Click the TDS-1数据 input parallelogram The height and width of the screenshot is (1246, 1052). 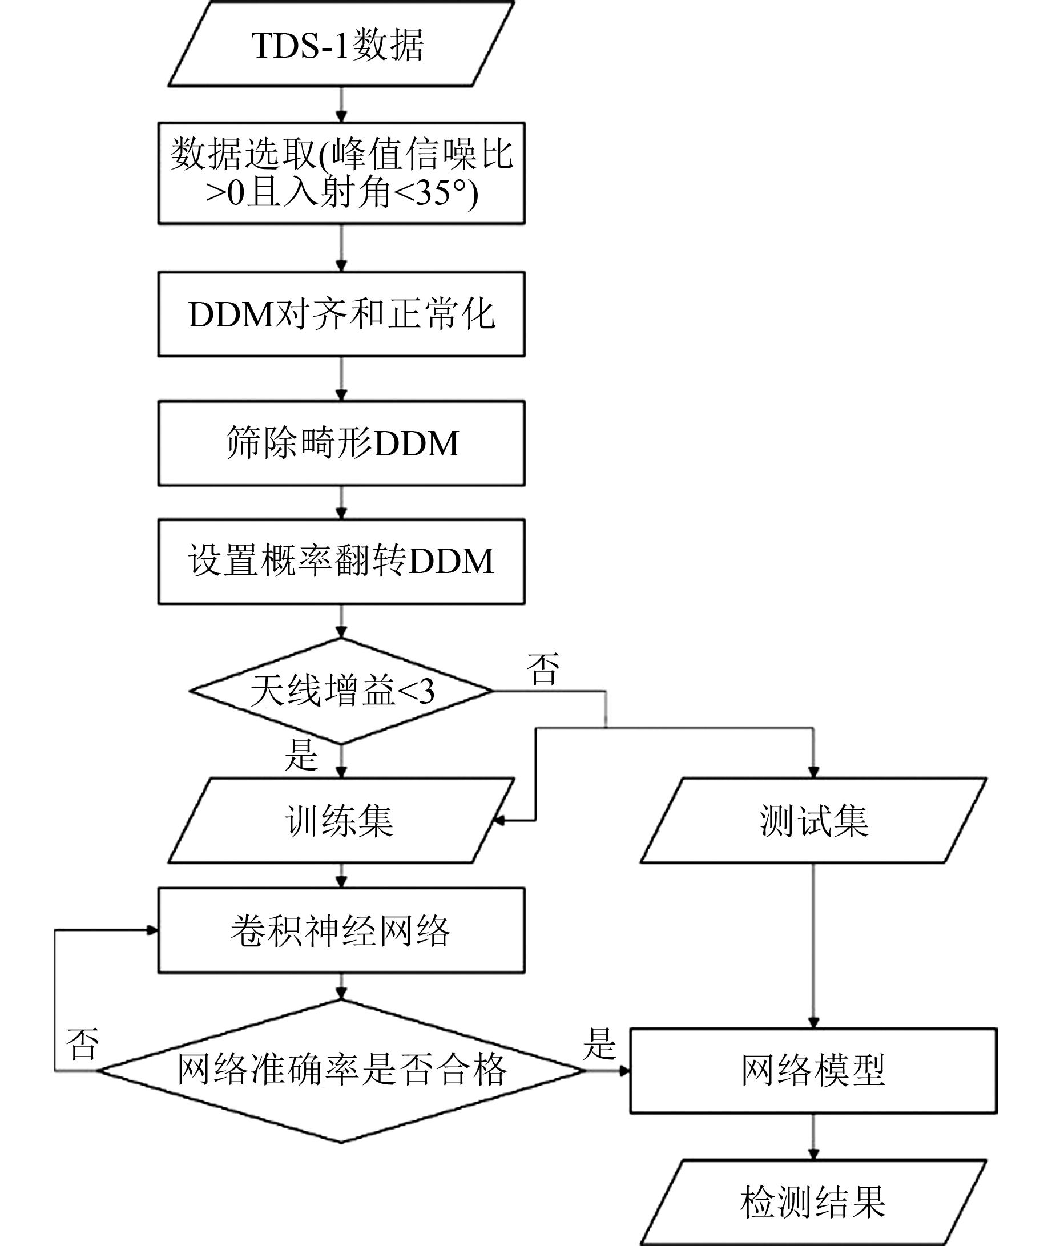coord(341,45)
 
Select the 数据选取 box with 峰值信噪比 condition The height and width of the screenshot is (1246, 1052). coord(341,174)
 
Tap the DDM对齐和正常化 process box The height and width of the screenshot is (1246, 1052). coord(341,314)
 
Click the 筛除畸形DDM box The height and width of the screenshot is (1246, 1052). coord(341,443)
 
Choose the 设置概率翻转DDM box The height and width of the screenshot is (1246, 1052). coord(341,561)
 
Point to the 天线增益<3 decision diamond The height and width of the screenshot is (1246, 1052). coord(341,691)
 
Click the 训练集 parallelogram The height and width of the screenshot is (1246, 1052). coord(341,820)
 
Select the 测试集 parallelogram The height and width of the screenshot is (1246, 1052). coord(813,820)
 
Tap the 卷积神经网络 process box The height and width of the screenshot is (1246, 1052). coord(341,930)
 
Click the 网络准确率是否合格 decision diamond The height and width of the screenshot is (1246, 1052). coord(341,1071)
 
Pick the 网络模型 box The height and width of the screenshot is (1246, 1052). coord(813,1071)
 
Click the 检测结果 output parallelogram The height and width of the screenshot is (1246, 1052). coord(813,1202)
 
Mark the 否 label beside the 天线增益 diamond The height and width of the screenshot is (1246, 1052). coord(543,669)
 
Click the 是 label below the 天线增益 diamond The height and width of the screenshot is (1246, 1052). coord(301,755)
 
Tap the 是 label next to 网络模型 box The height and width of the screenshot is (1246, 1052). coord(599,1044)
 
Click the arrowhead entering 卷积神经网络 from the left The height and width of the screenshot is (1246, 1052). coord(152,930)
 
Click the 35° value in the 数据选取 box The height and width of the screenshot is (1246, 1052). coord(440,193)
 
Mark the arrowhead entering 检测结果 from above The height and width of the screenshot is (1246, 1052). coord(813,1155)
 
